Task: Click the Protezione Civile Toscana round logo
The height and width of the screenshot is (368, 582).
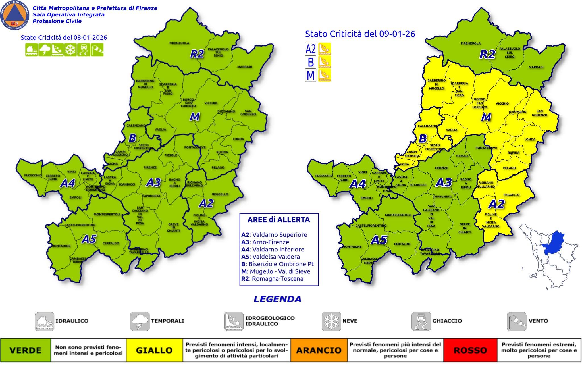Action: point(14,15)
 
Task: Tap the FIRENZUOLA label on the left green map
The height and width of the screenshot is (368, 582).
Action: point(179,43)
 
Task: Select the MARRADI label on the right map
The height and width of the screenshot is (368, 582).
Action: point(536,67)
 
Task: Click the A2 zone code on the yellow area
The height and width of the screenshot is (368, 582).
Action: point(497,204)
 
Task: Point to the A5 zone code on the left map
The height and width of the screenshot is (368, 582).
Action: point(89,239)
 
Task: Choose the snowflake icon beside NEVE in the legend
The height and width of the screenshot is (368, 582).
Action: point(331,321)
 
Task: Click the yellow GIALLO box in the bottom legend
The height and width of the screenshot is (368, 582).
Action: point(154,350)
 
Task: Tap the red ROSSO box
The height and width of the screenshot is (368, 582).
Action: point(470,350)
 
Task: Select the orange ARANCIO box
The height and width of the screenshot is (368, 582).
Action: point(319,350)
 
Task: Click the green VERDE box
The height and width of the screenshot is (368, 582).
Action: point(26,350)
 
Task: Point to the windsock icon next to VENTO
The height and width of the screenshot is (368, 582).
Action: point(516,321)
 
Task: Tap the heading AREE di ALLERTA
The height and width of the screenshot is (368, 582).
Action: point(278,220)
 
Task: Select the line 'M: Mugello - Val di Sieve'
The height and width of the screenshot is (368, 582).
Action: point(276,271)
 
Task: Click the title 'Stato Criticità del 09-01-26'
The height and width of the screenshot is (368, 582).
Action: point(360,34)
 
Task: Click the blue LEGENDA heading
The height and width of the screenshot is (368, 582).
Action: point(277,299)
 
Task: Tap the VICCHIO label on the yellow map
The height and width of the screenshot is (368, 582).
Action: point(502,103)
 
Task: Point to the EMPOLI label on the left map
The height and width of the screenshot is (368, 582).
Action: point(75,197)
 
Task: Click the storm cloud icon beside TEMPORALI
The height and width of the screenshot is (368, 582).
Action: point(140,321)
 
